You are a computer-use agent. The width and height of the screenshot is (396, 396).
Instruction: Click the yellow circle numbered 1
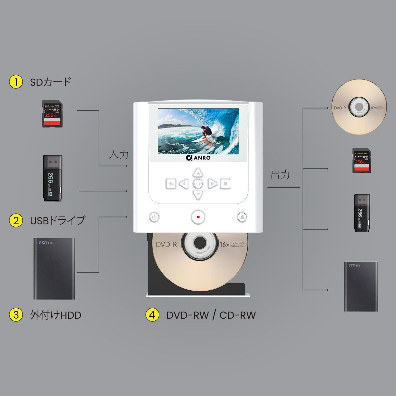pyautogui.click(x=16, y=82)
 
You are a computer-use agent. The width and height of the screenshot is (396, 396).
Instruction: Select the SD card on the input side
pyautogui.click(x=52, y=114)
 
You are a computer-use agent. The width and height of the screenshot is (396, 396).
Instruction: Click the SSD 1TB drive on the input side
pyautogui.click(x=54, y=268)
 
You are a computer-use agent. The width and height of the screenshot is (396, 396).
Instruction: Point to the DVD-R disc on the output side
pyautogui.click(x=359, y=107)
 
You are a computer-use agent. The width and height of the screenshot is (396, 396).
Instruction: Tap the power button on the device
pyautogui.click(x=154, y=217)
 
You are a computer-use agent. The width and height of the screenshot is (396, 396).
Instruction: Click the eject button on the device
pyautogui.click(x=242, y=217)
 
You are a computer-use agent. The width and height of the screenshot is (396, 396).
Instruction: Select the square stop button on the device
pyautogui.click(x=225, y=183)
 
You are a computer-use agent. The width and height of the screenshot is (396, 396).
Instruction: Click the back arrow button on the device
pyautogui.click(x=171, y=183)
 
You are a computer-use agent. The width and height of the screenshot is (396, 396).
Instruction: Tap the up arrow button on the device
pyautogui.click(x=198, y=173)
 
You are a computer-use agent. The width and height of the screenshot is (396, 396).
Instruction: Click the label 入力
pyautogui.click(x=119, y=154)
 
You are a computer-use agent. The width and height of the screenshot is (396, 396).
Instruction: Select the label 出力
pyautogui.click(x=280, y=174)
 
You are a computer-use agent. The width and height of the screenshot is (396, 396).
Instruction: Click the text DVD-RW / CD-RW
pyautogui.click(x=211, y=315)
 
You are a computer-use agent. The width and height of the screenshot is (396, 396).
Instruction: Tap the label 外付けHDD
pyautogui.click(x=56, y=315)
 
